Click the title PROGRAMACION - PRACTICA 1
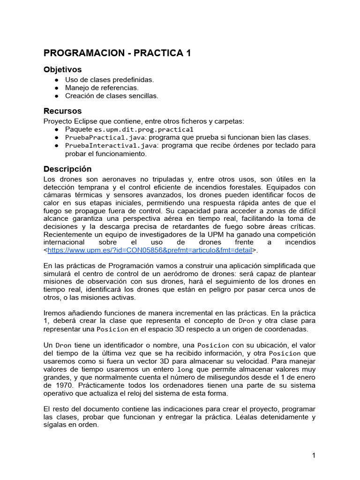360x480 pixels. (x=117, y=53)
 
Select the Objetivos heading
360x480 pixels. (x=62, y=69)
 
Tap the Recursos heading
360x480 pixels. (x=62, y=111)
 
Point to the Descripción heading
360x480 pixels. (x=67, y=169)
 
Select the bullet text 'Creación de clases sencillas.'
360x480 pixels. (x=112, y=96)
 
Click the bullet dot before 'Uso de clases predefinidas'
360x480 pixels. (x=56, y=80)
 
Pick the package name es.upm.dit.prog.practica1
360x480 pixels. (x=143, y=129)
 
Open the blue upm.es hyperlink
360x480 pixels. (x=150, y=250)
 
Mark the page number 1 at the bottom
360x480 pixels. (x=314, y=456)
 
